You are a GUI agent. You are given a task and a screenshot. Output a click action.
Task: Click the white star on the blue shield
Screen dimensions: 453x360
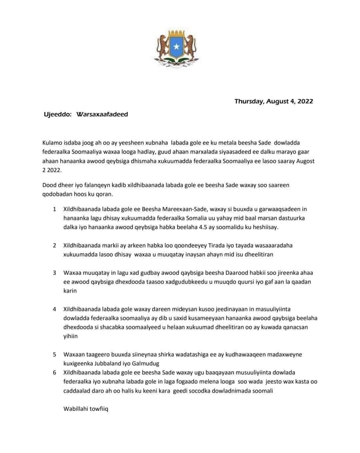[x=177, y=47]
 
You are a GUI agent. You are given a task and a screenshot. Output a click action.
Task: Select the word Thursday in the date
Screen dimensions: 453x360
[x=249, y=101]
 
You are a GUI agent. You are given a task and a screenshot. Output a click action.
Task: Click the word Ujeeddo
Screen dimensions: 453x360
[x=57, y=114]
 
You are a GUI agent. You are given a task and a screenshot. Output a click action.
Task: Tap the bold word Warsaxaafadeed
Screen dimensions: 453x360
[x=102, y=114]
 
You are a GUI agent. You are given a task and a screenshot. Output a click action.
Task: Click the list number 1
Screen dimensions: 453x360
[x=54, y=209]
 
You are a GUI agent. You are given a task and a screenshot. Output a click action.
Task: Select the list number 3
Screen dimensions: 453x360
[x=54, y=273]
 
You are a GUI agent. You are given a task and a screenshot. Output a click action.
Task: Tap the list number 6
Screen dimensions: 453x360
[x=54, y=372]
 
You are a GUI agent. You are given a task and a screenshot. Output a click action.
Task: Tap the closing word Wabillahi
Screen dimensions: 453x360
[x=76, y=409]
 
